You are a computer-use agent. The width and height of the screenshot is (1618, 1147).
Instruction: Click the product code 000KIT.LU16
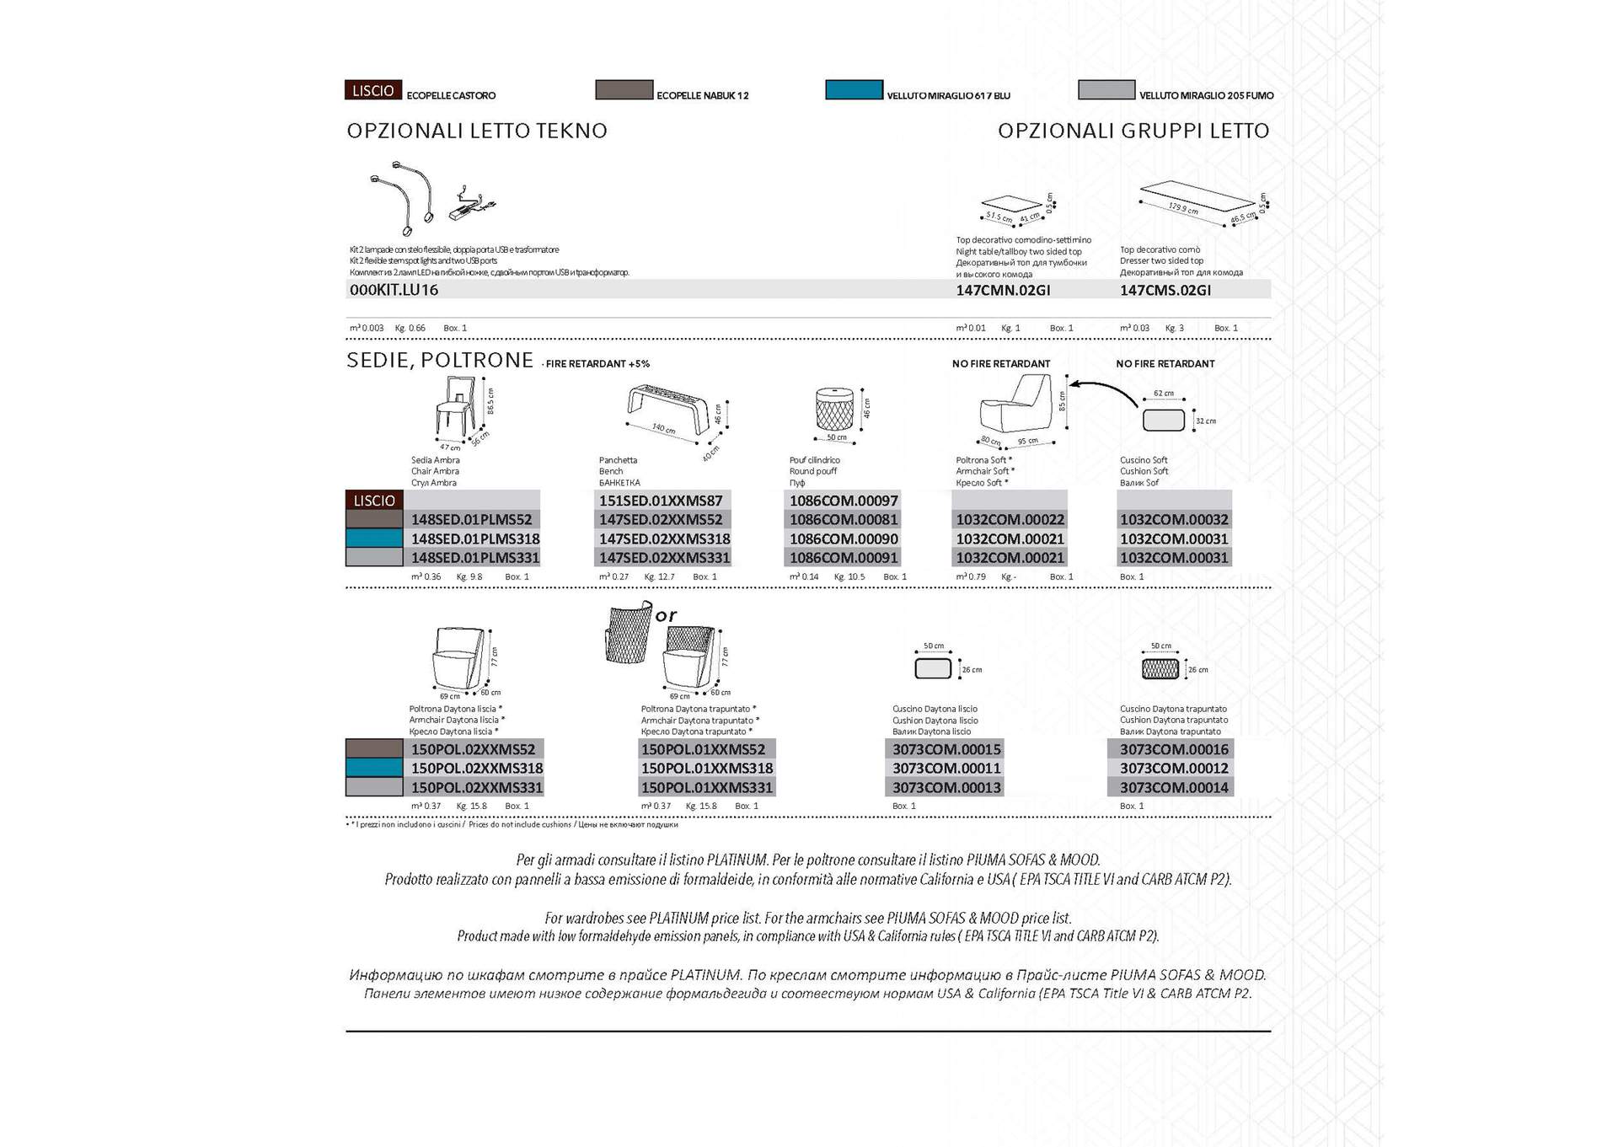point(394,290)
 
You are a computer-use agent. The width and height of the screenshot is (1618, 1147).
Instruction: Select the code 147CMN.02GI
point(1003,291)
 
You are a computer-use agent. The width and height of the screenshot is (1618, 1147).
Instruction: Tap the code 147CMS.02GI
point(1165,291)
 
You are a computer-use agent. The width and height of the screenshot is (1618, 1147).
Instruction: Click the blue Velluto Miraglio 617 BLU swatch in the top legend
point(854,90)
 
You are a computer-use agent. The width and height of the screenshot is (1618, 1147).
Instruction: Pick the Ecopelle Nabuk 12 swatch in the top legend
point(624,90)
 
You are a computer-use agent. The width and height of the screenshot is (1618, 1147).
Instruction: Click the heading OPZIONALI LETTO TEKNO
point(477,131)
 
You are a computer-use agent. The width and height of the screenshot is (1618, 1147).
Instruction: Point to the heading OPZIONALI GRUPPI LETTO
point(1133,131)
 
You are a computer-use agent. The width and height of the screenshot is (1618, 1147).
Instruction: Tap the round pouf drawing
point(835,411)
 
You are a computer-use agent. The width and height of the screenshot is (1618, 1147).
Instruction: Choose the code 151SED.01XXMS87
point(661,501)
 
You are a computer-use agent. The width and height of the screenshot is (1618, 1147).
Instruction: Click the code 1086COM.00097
point(844,501)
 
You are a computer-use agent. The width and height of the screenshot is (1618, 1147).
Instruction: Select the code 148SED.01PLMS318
point(475,539)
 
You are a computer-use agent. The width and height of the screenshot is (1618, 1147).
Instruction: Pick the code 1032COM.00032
point(1174,520)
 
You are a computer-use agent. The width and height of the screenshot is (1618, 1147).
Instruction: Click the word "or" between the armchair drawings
point(666,616)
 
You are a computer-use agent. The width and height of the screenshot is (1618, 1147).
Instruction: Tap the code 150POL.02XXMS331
point(477,788)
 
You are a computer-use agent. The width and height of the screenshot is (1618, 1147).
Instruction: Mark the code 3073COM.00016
point(1174,750)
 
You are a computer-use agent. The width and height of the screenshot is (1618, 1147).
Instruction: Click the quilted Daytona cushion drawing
point(1160,669)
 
